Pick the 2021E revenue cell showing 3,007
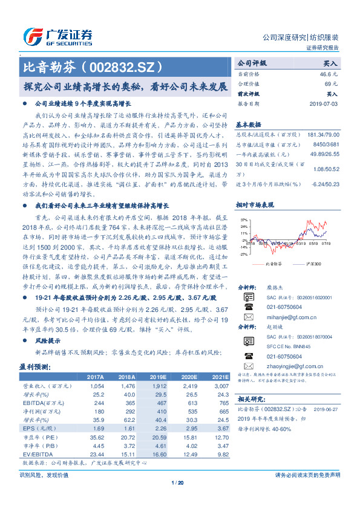click(x=218, y=385)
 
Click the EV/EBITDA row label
click(x=36, y=453)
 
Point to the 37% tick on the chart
click(x=242, y=219)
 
